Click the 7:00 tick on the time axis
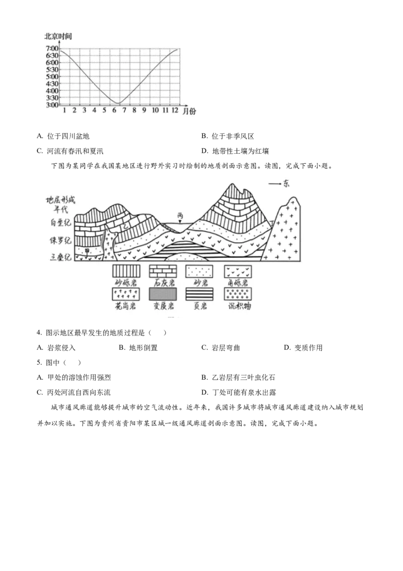(52, 48)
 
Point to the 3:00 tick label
(52, 105)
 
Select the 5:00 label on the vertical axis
(52, 77)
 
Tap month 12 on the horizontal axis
(175, 110)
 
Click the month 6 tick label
(114, 110)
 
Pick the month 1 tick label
(64, 110)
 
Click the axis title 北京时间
(58, 36)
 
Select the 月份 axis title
(189, 111)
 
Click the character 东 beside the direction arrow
(287, 184)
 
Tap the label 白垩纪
(60, 222)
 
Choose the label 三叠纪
(60, 257)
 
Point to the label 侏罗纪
(60, 240)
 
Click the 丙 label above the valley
(180, 216)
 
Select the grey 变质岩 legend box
(163, 294)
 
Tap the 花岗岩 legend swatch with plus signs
(125, 294)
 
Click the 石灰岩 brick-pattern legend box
(163, 271)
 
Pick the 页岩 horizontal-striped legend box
(199, 294)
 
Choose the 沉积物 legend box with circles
(238, 294)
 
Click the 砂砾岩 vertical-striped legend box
(125, 271)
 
